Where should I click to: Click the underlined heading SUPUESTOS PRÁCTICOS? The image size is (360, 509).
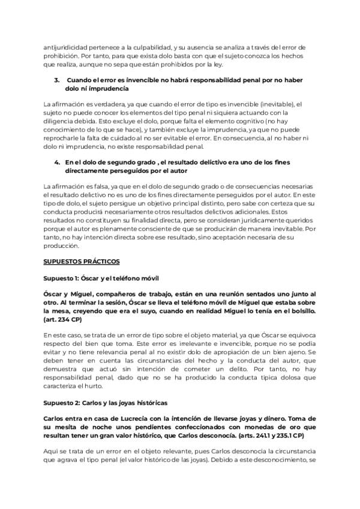point(82,262)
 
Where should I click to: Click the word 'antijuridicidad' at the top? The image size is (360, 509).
point(64,47)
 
